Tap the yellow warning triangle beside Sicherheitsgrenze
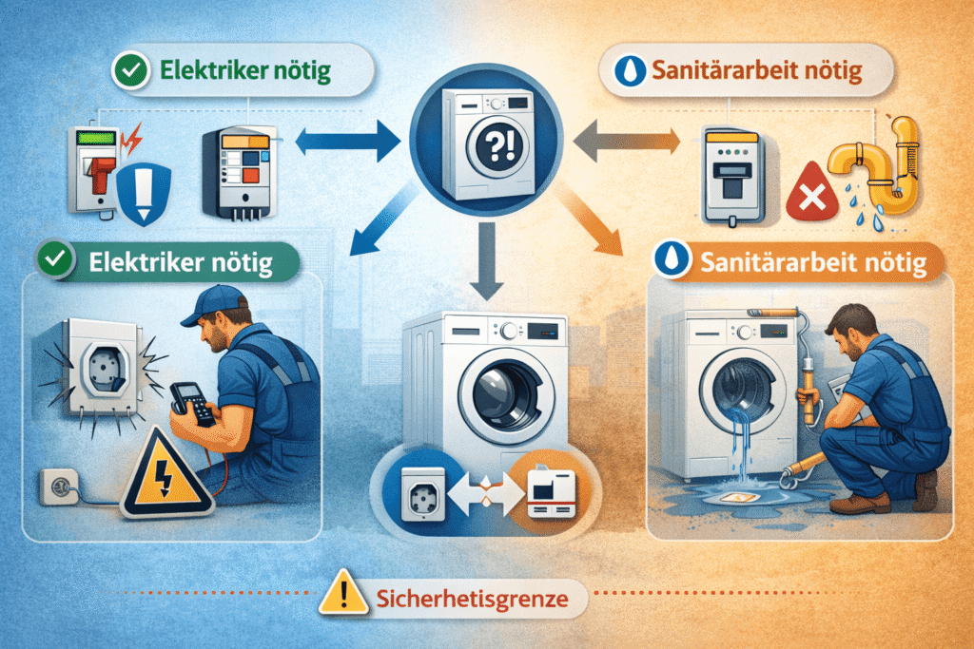[343, 592]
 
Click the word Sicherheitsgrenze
[472, 599]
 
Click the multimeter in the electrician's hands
[193, 403]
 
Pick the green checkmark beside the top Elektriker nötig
[131, 70]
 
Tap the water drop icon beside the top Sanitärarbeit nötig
[630, 70]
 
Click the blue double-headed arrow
[347, 142]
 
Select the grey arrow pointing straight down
[486, 260]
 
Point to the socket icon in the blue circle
[423, 494]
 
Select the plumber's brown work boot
[860, 504]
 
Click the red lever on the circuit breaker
[101, 174]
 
